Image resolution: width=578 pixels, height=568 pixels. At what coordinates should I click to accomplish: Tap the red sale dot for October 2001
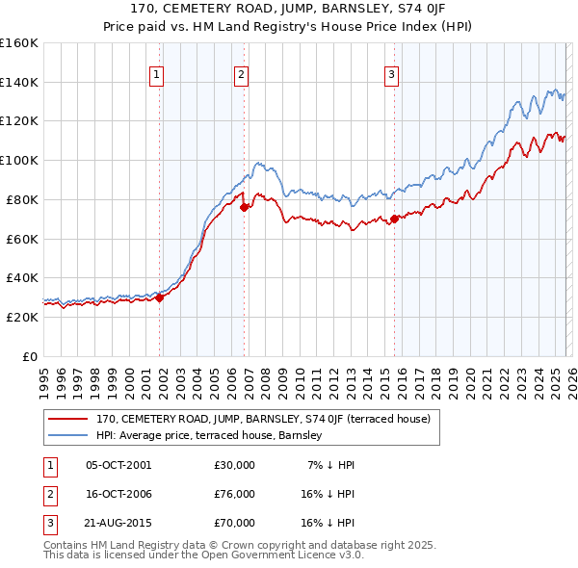coord(160,297)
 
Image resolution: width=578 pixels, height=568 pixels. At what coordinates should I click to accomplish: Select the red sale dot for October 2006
coord(245,206)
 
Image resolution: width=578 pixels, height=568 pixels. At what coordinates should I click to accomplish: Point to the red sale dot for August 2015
coord(395,219)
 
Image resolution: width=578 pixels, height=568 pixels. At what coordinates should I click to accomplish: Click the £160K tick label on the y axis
coord(18,43)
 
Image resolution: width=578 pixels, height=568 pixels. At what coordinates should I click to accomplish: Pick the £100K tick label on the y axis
coord(18,161)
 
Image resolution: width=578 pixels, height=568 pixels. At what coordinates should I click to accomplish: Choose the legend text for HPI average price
coord(208,436)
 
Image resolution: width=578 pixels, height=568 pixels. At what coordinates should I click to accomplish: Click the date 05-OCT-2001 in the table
coord(118,465)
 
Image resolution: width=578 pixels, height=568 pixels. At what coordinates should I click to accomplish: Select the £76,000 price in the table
coord(234,494)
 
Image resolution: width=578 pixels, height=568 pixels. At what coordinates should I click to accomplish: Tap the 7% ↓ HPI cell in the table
coord(330,465)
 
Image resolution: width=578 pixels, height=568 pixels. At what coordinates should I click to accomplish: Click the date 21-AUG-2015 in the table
coord(118,523)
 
